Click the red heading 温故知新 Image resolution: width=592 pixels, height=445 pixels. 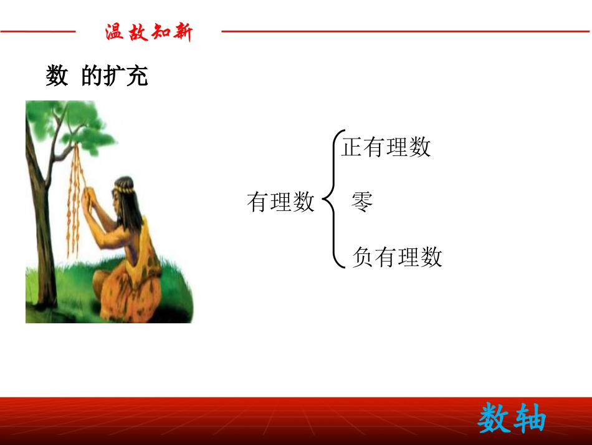pyautogui.click(x=149, y=32)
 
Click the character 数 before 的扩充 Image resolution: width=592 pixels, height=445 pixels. pyautogui.click(x=57, y=76)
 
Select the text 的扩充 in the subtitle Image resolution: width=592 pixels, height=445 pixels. pyautogui.click(x=115, y=76)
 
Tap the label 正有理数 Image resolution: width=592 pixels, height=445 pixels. pyautogui.click(x=386, y=147)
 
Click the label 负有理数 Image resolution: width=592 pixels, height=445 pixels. pyautogui.click(x=397, y=257)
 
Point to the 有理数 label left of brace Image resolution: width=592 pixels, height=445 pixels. pyautogui.click(x=280, y=202)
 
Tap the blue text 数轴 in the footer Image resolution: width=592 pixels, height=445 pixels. pyautogui.click(x=512, y=418)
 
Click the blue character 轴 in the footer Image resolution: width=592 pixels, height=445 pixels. pyautogui.click(x=530, y=418)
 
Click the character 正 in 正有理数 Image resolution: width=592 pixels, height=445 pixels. pyautogui.click(x=353, y=147)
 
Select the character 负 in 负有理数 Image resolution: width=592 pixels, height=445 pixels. pyautogui.click(x=363, y=257)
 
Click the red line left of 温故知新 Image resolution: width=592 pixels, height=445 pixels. pyautogui.click(x=37, y=31)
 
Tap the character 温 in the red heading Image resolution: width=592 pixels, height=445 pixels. pyautogui.click(x=115, y=32)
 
